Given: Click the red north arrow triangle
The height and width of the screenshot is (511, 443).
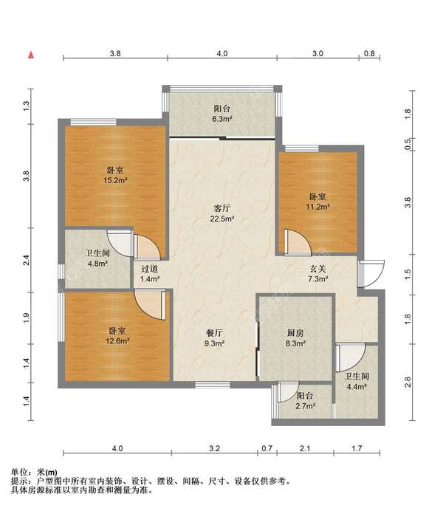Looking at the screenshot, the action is pos(31,55).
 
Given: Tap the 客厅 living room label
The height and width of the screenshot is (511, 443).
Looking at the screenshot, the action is pos(222,208).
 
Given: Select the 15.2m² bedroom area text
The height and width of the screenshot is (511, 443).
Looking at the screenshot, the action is pos(115,180).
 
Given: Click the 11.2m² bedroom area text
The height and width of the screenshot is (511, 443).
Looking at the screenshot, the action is pos(317,207).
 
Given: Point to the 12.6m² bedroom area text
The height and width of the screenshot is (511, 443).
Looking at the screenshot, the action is pos(117,341).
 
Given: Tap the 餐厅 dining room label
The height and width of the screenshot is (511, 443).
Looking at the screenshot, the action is pos(214,333).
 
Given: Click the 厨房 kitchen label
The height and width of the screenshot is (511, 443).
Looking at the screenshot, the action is pos(295,333).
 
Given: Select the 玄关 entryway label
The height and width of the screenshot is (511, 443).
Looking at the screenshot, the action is pos(317,269).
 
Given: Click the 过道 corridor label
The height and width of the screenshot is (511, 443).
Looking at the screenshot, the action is pos(149,269).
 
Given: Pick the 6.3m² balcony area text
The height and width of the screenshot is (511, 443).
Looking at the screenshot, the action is pos(222,119).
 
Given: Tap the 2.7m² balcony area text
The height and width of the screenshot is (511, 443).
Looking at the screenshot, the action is pos(305,406).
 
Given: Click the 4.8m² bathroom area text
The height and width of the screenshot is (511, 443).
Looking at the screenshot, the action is pos(97,264).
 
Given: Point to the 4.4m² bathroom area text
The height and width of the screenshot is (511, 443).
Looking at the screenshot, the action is pos(357,387).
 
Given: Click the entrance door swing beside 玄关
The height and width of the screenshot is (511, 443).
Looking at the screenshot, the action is pos(371,274).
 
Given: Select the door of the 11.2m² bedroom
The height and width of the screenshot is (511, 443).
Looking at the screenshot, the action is pos(297,241).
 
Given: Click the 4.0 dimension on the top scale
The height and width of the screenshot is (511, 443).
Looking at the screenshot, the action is pos(222,53).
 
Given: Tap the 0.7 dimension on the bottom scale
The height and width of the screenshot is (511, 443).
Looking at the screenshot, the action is pos(267,448).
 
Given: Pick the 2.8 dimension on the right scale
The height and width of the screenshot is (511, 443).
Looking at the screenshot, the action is pos(408,382).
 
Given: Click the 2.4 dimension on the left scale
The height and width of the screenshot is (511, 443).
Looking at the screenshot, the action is pos(26,260).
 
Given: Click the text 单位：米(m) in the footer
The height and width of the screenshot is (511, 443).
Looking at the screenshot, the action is pos(34,472).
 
